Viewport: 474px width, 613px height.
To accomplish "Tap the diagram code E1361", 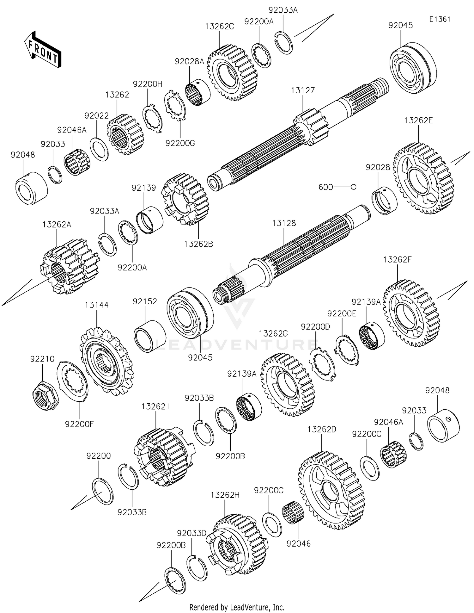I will (x=440, y=19).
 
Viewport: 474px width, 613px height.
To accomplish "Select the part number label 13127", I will (x=303, y=90).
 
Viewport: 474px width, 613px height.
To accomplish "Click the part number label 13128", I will (x=284, y=223).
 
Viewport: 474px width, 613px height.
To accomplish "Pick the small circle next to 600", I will (x=354, y=187).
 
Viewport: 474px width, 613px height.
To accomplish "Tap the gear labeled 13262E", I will (x=423, y=179).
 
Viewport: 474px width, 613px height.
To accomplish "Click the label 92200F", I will (x=80, y=424).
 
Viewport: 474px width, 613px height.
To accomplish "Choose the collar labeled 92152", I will (x=150, y=336).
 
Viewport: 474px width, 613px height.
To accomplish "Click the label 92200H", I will (x=148, y=84).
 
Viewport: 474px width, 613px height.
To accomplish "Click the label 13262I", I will (x=155, y=407).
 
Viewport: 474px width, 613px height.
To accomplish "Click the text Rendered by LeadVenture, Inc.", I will (x=237, y=607).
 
